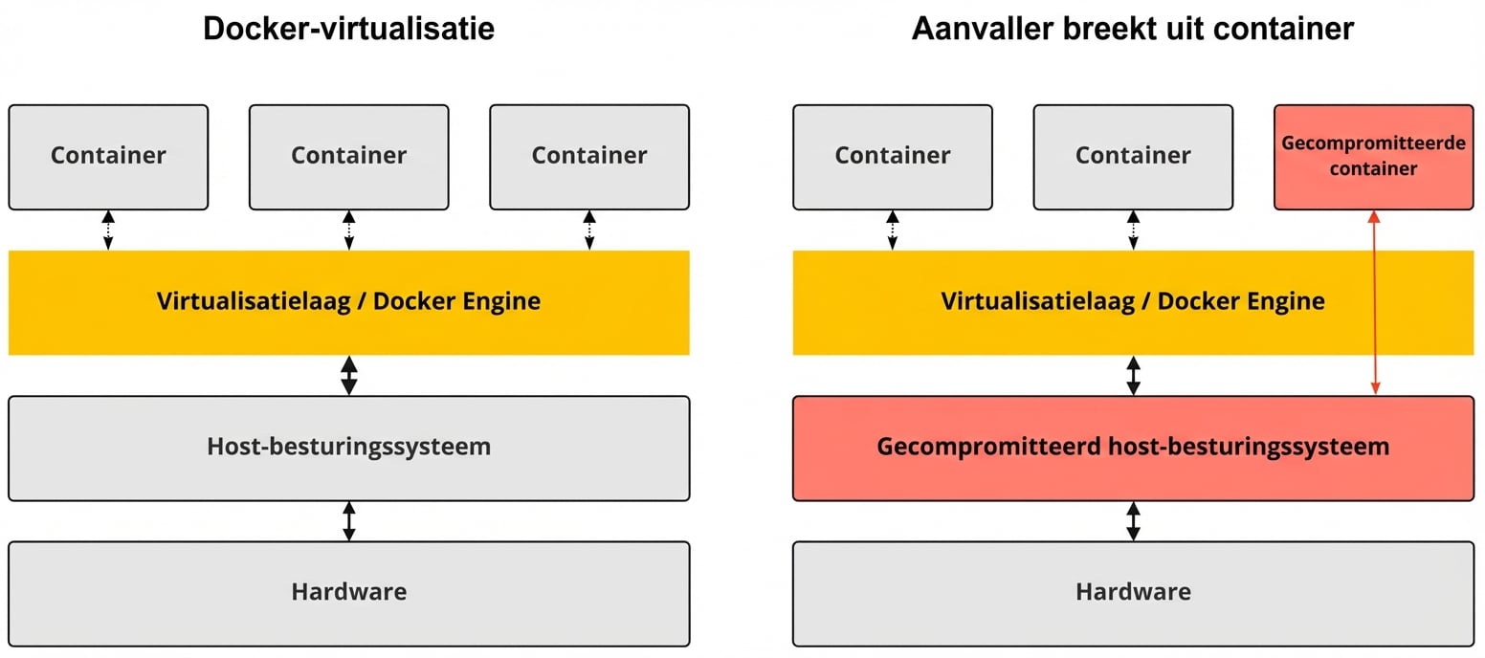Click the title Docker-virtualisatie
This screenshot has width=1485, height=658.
pos(348,29)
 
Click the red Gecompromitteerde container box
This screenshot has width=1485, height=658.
pos(1373,157)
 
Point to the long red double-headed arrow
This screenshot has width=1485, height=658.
pos(1374,302)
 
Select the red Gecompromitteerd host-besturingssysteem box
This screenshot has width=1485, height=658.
pos(1133,448)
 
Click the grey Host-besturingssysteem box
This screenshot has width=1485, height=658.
pos(348,448)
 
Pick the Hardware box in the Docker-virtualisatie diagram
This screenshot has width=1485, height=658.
pos(348,593)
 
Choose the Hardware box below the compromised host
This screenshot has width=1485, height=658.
pos(1133,593)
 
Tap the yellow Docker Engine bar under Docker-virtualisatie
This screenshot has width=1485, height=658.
pos(348,302)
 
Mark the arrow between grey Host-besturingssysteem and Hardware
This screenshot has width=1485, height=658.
pos(349,521)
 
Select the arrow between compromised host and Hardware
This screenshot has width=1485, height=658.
pos(1134,521)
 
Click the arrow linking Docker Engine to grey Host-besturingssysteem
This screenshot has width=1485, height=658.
pos(349,375)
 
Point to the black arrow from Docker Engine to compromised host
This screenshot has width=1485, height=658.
pos(1134,375)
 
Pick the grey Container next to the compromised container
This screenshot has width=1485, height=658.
pos(1133,157)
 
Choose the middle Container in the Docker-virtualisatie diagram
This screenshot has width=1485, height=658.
pos(348,157)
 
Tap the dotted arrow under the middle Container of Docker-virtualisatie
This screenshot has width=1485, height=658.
pos(349,230)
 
